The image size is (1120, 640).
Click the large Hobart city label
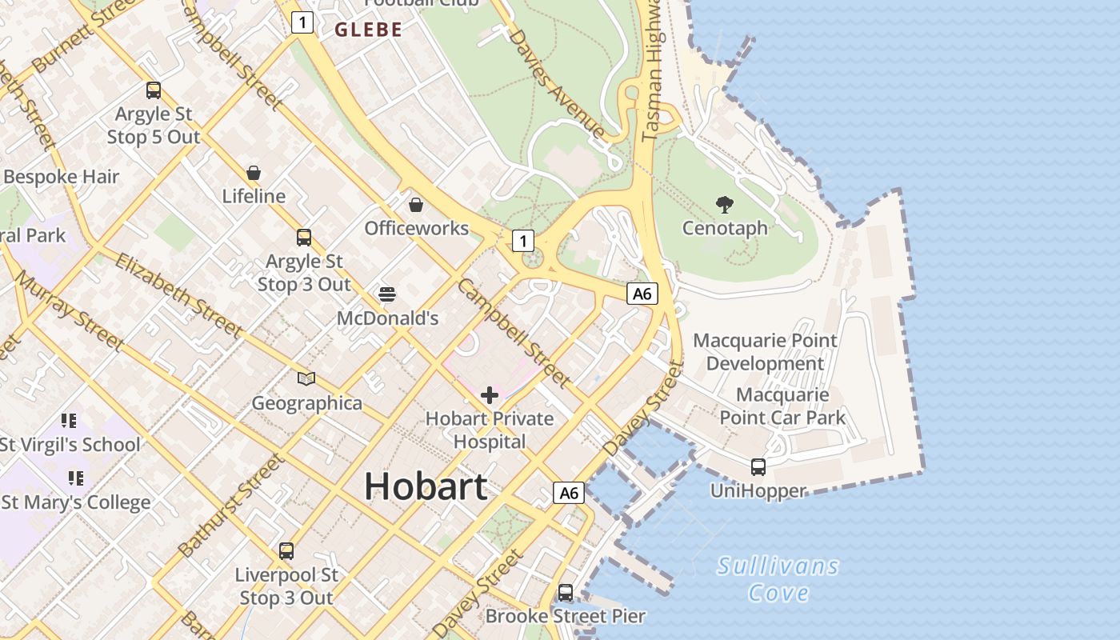pos(426,486)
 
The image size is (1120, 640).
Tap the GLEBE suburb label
pos(368,30)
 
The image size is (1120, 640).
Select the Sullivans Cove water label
pos(778,579)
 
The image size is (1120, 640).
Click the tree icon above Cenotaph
pos(725,205)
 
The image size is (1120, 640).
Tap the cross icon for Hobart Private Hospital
pos(490,395)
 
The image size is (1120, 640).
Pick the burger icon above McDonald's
pos(387,294)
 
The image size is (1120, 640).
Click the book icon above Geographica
pos(306,378)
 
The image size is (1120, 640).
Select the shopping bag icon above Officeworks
pos(416,205)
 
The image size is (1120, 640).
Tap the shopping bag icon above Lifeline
pos(254,173)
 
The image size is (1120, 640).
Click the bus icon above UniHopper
pos(758,467)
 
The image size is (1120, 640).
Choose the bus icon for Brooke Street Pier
pos(566,593)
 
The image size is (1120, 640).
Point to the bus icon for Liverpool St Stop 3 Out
pos(286,551)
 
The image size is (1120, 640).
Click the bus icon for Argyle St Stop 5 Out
pos(154,90)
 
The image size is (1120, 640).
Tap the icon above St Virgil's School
pos(69,421)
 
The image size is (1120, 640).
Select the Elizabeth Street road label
pos(178,294)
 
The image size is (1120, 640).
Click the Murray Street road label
pos(70,310)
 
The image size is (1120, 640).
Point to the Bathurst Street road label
pos(231,506)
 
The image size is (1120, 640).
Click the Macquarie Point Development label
pos(765,352)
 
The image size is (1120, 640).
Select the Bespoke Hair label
pos(61,177)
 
